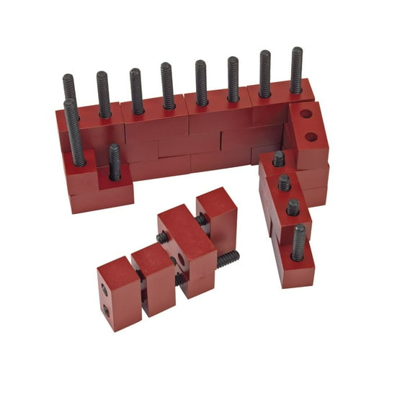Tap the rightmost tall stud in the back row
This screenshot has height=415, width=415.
coord(296,71)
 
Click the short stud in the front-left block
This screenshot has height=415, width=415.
coord(115,162)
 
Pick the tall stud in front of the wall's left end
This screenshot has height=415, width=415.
coord(73,133)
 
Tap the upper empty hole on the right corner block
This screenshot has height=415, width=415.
coord(306,114)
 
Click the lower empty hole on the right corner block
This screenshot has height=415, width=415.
coord(311,136)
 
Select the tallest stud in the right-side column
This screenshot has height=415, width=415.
coord(298,243)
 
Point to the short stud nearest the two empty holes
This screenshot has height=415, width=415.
coord(278,159)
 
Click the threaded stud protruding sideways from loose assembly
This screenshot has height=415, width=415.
coord(227,258)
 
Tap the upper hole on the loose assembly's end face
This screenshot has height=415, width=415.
coord(104,290)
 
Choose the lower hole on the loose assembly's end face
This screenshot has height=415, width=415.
coord(107,310)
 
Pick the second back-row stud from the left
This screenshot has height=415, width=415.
coord(102,94)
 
